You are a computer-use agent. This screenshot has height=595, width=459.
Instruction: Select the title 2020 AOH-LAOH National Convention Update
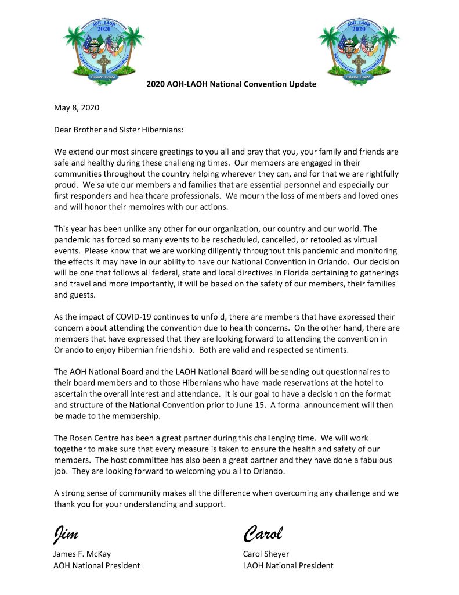click(x=231, y=84)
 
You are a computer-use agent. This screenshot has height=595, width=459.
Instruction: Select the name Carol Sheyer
click(x=266, y=554)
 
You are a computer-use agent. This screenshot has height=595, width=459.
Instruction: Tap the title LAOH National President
click(x=288, y=565)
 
